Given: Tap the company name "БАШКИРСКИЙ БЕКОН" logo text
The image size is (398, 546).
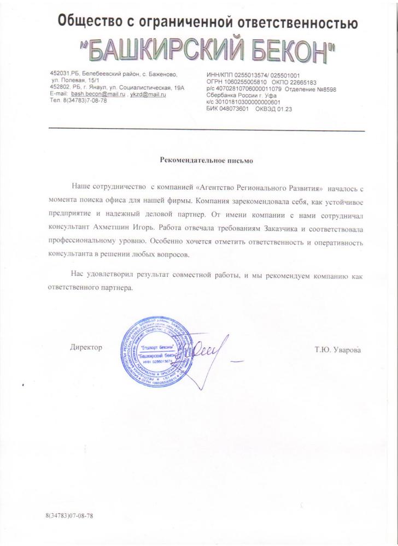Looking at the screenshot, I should coord(212,50).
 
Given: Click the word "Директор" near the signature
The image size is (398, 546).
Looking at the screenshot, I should coord(86,347).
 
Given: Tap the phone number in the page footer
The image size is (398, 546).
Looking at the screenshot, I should coord(70,515).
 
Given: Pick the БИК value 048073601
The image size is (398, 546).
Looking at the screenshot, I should coord(233,108).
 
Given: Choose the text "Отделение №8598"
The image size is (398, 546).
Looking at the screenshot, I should coord(313,88).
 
